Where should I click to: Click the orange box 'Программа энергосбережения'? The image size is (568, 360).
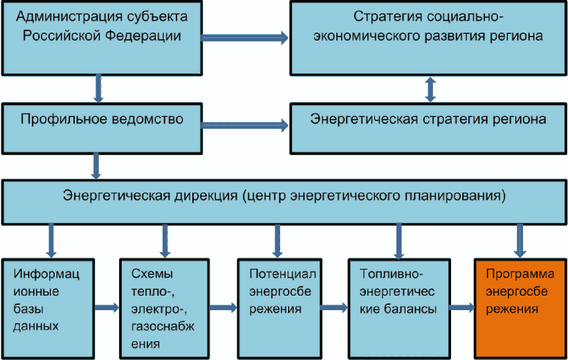[x=520, y=309]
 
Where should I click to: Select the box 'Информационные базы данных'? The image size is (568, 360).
[x=48, y=309]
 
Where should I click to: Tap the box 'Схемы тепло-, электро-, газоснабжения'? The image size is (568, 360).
[x=165, y=309]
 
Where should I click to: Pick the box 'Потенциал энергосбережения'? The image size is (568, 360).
[x=280, y=309]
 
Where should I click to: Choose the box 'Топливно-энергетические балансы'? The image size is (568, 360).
[x=399, y=309]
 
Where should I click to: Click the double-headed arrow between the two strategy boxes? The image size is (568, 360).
[x=430, y=89]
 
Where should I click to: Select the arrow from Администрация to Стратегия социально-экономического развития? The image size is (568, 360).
[x=245, y=37]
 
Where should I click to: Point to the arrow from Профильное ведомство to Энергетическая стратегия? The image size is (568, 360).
[x=245, y=125]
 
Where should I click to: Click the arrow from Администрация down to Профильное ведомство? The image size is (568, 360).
[x=98, y=89]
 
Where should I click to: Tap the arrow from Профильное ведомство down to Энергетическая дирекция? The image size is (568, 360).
[x=96, y=166]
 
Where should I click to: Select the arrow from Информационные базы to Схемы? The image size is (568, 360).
[x=107, y=308]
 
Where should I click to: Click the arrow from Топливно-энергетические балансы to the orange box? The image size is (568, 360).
[x=462, y=308]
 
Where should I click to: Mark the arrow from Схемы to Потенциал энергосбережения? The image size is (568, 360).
[x=223, y=308]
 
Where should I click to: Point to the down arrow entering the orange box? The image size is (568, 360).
[x=520, y=241]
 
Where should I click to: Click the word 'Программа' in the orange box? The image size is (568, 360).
[x=520, y=274]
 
